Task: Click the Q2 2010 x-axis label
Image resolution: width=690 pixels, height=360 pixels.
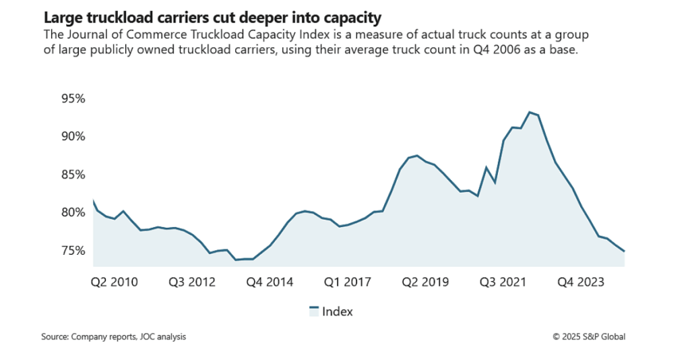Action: coord(114,282)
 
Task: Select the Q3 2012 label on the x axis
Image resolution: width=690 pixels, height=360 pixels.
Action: coord(191,282)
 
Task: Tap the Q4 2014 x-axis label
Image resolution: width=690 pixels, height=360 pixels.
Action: coord(270,282)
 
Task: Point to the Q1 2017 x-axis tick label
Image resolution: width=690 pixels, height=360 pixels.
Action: coord(348,282)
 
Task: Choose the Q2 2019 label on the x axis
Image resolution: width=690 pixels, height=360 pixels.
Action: coord(425,282)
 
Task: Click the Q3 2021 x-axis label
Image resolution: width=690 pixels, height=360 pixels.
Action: coord(503,282)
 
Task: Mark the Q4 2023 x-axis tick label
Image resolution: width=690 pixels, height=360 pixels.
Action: coord(581,282)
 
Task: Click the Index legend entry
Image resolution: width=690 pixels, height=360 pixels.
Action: coord(331,311)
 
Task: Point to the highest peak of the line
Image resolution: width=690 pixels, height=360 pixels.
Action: coord(530,112)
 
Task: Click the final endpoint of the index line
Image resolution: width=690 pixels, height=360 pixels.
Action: coord(625,251)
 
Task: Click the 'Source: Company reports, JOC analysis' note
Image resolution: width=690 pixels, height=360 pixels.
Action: coord(113,336)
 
